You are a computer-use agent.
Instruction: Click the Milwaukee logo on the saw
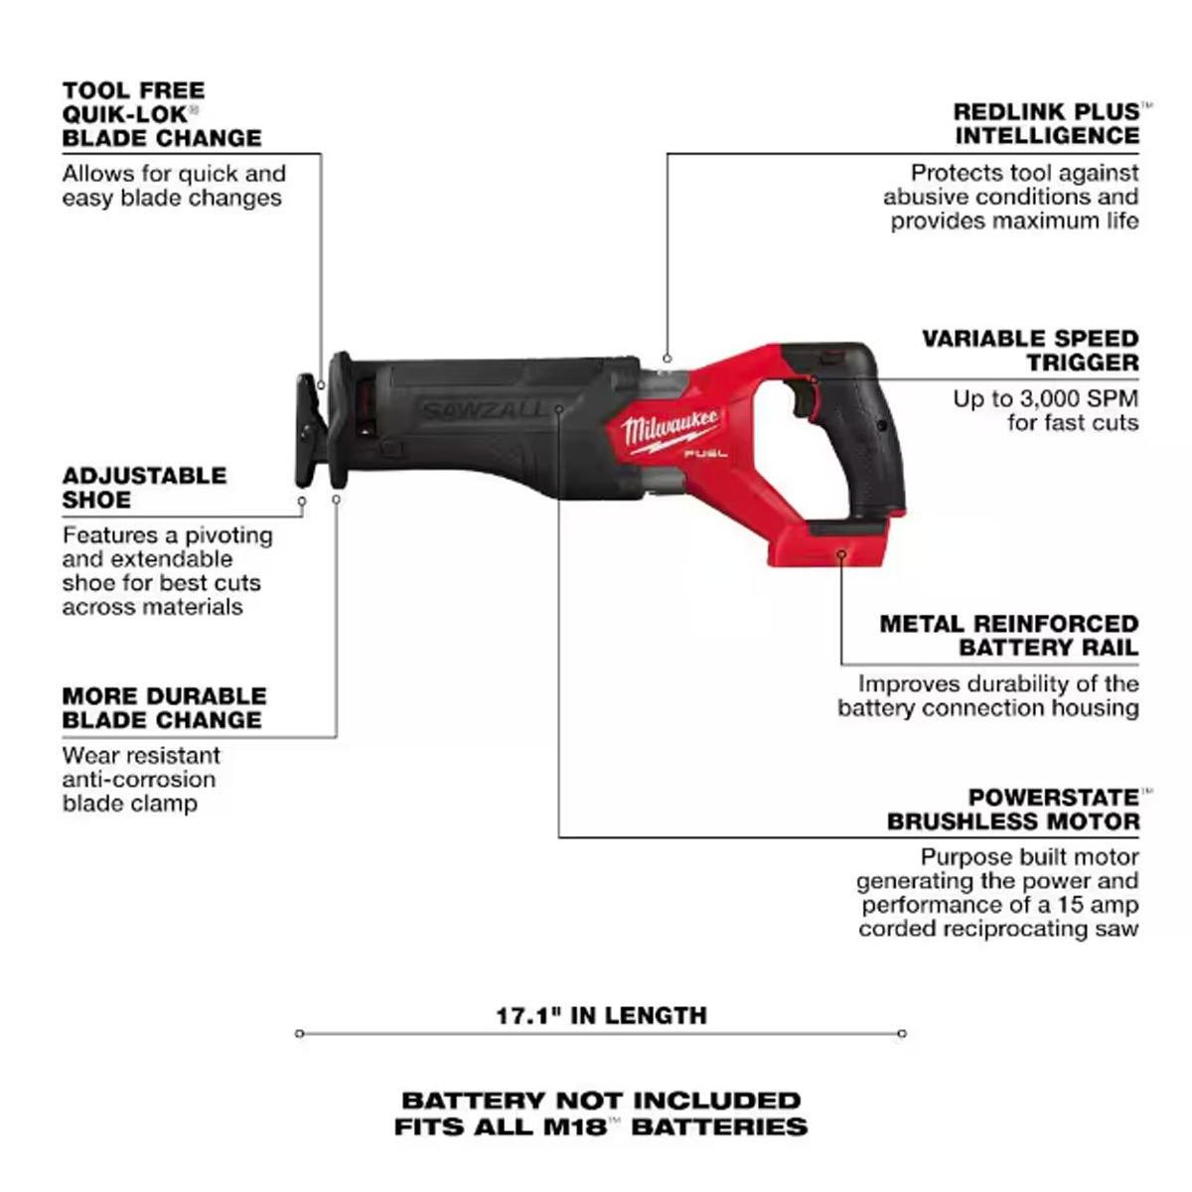point(670,429)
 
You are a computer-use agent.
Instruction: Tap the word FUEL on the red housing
point(705,454)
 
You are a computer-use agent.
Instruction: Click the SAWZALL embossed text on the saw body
point(482,409)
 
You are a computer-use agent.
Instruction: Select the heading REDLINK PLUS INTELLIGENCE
point(1045,124)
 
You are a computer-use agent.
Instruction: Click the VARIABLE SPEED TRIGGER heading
point(1030,350)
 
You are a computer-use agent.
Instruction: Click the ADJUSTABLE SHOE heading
point(144,488)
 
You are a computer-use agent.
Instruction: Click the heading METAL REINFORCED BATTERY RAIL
point(1009,636)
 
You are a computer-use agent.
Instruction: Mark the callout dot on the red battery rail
point(840,554)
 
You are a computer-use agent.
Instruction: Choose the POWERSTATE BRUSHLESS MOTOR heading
point(1012,810)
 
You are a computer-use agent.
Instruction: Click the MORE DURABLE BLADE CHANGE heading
point(164,707)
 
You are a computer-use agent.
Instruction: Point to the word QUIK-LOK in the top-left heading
point(124,114)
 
